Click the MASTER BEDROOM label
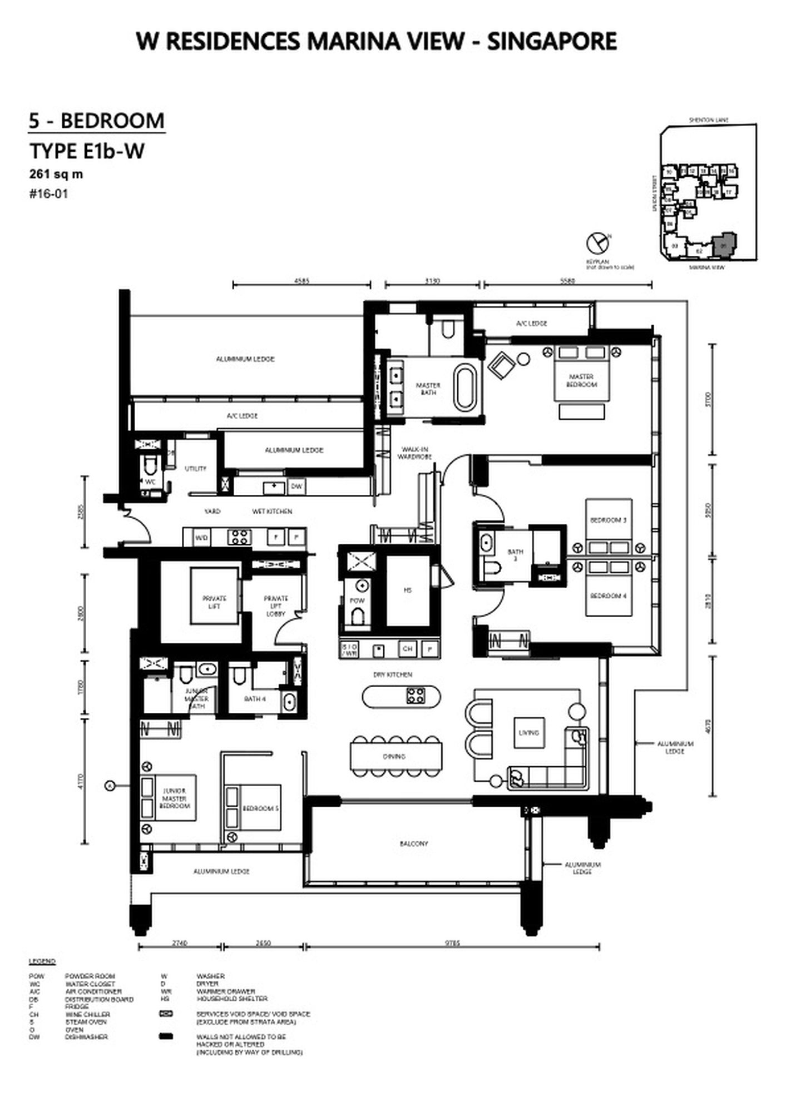(581, 380)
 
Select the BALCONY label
(414, 843)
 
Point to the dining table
(396, 757)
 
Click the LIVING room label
(528, 733)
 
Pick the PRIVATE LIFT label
(214, 602)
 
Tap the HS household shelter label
(408, 590)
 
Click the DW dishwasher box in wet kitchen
(296, 487)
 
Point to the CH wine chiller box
(408, 648)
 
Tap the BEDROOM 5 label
(260, 808)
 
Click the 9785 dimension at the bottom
(452, 943)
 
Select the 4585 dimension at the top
(301, 281)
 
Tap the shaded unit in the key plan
(724, 244)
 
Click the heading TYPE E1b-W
(87, 151)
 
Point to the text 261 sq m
(56, 174)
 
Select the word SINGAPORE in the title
(552, 42)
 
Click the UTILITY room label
(195, 469)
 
